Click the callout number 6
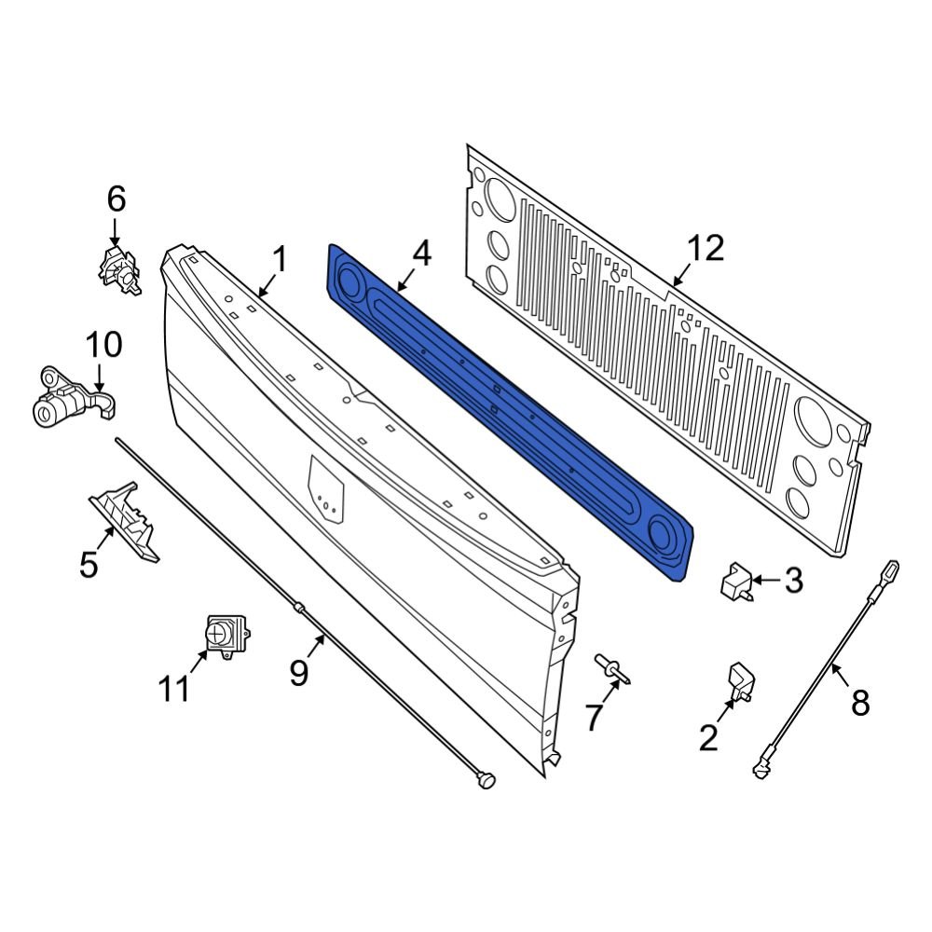116,199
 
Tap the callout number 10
103,345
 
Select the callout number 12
705,250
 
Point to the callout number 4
422,254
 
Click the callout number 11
174,689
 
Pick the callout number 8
859,701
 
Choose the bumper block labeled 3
735,582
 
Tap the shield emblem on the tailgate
326,488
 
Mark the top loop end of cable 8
891,568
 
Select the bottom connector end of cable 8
761,767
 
